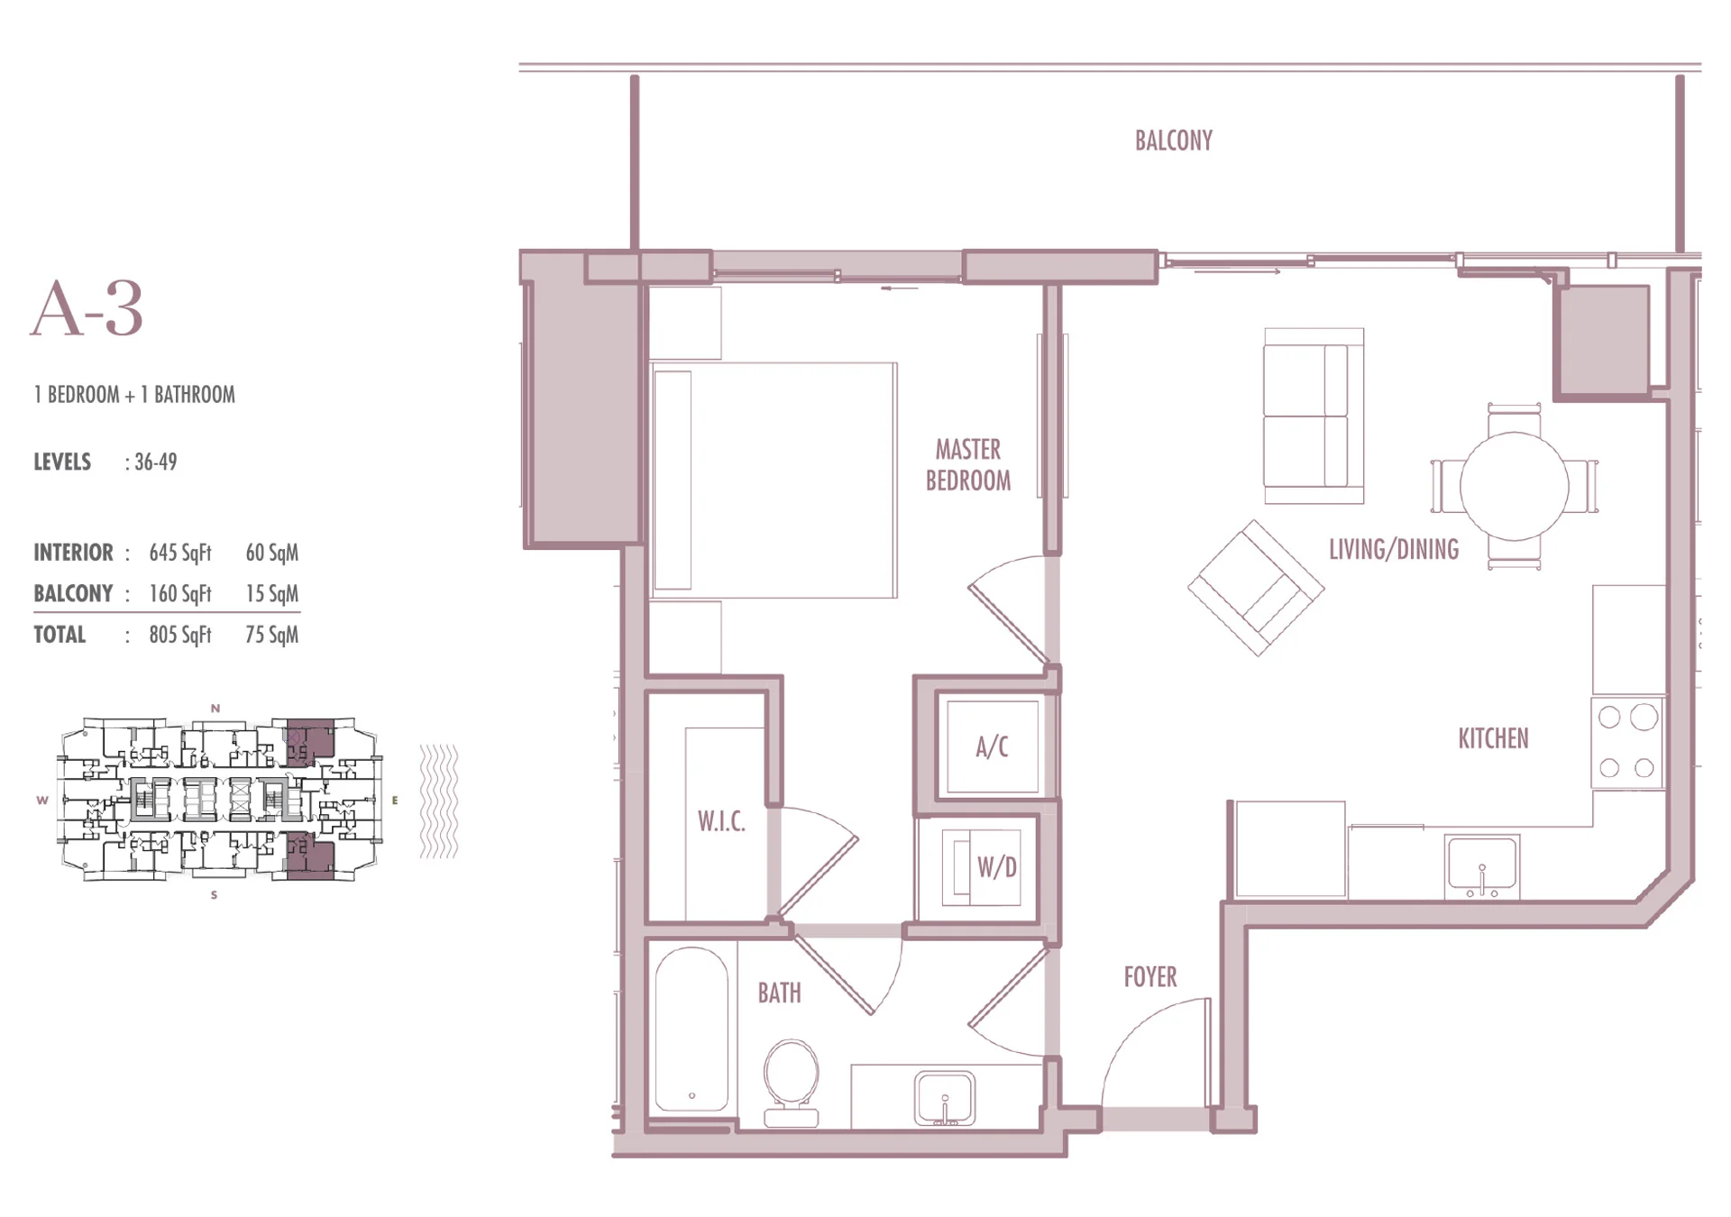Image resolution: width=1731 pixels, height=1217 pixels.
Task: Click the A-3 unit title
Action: (87, 308)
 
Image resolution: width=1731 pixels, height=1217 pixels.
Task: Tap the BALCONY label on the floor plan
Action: (1173, 141)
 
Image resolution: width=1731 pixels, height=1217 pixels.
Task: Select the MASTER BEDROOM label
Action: (968, 464)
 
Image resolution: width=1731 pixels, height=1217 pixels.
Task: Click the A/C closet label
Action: (992, 746)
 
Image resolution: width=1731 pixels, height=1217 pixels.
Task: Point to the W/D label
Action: (997, 867)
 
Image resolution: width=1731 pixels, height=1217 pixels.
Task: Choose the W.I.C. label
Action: (721, 821)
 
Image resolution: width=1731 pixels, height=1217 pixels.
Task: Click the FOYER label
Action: (1149, 977)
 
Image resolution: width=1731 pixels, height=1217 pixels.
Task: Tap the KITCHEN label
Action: (1493, 739)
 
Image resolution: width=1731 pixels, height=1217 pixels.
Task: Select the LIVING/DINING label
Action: (1393, 550)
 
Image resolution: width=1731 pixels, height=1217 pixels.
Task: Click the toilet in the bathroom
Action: (791, 1083)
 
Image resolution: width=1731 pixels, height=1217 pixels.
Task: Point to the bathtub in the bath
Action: (691, 1029)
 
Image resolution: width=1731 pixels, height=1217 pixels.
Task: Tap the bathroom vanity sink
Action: (944, 1098)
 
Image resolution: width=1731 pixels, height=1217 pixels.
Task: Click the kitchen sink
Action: (1481, 866)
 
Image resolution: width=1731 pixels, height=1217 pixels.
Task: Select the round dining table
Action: (1514, 487)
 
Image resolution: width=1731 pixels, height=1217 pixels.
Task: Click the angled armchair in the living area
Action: (1256, 588)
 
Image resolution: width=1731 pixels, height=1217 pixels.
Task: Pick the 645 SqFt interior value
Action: (180, 553)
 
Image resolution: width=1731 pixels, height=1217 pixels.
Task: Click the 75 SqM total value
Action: (271, 635)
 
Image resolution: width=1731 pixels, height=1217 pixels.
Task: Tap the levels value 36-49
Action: (155, 462)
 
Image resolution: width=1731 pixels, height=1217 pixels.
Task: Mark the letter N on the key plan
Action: (215, 709)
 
